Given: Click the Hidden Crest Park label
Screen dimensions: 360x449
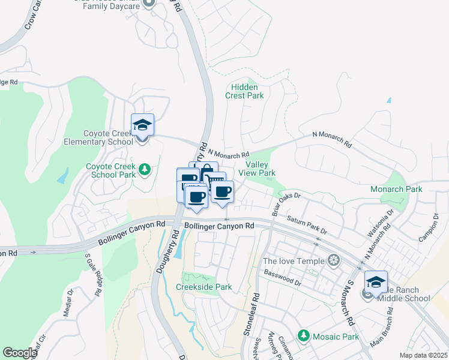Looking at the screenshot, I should pos(244,91).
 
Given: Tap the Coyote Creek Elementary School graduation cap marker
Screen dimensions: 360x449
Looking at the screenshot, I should pos(142,125).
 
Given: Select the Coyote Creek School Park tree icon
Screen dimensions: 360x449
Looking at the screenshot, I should pos(144,170).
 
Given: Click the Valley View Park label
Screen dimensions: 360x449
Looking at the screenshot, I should pos(257,169).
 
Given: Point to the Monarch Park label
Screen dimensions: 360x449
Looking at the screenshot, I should pos(396,189).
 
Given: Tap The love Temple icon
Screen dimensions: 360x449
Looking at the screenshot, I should pos(334,260).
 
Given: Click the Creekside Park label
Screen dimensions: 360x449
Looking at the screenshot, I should pos(203,287).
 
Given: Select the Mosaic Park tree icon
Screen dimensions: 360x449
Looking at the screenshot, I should pos(304,336).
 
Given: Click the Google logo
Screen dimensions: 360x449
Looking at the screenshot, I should pos(20,353).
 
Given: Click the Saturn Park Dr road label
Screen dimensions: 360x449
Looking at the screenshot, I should pos(306,226).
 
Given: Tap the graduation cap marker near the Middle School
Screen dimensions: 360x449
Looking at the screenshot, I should pos(376,282).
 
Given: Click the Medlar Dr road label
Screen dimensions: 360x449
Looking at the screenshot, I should pos(68,301).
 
